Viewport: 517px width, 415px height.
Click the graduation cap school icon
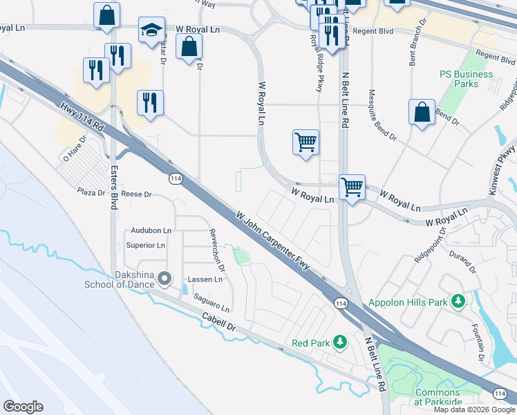(151, 30)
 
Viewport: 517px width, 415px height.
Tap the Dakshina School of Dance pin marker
(164, 279)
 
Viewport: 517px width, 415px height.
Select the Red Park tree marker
(339, 342)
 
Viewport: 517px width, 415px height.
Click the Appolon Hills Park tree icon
(457, 302)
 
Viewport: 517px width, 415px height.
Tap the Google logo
(23, 406)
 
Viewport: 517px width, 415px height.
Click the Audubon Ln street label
(151, 230)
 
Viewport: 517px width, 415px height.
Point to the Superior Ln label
(146, 246)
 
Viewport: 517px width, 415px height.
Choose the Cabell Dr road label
(220, 323)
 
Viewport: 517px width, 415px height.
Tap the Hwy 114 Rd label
(81, 117)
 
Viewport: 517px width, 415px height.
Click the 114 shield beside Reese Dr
(176, 178)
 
